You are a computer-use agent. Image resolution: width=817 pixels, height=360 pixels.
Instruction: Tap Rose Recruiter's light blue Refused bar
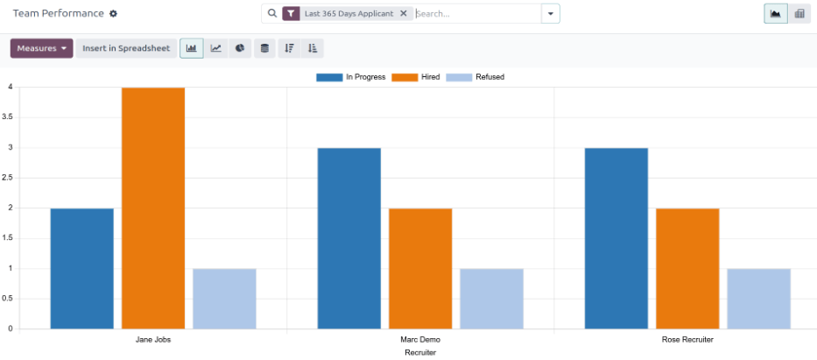758,299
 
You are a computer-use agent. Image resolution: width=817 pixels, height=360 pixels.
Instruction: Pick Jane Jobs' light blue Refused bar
224,299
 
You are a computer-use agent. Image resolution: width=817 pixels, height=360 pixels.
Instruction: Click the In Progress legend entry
351,77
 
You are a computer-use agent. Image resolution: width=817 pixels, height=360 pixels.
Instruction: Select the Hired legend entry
416,77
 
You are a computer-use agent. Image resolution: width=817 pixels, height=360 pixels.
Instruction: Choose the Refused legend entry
475,77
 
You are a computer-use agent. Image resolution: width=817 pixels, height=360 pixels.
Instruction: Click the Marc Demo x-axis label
419,340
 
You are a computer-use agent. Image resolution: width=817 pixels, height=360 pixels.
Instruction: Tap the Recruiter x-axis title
420,353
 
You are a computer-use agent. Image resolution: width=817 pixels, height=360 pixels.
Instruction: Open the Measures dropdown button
41,48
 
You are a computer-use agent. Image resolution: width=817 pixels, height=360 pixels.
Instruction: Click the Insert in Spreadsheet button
126,48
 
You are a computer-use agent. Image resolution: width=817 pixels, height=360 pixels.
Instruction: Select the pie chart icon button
240,48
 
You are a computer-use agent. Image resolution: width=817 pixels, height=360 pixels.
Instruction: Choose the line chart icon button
215,48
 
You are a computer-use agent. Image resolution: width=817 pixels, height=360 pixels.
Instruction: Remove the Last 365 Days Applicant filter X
403,14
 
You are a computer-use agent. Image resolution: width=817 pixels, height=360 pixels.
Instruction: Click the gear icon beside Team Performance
113,14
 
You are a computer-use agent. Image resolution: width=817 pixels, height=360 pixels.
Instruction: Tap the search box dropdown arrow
550,14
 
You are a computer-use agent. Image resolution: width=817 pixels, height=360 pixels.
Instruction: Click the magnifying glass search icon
271,14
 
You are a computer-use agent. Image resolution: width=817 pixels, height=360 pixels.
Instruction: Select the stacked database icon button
264,48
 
